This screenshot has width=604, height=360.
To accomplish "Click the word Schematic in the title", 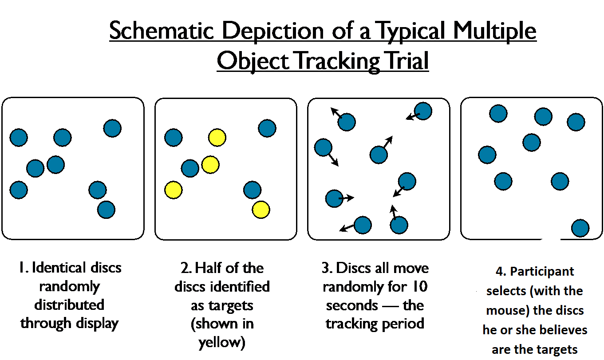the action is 162,31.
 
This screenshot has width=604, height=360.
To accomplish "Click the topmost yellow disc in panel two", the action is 217,138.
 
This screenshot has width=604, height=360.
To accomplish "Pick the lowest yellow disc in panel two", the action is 261,210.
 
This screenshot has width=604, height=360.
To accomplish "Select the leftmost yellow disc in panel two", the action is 174,190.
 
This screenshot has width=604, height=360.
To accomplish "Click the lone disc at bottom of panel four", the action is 580,228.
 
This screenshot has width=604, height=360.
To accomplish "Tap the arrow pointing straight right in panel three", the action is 346,198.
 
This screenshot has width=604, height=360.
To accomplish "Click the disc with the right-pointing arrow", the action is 334,198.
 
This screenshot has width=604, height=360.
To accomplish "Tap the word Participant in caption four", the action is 542,272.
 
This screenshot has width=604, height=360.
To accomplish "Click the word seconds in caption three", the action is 352,305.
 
